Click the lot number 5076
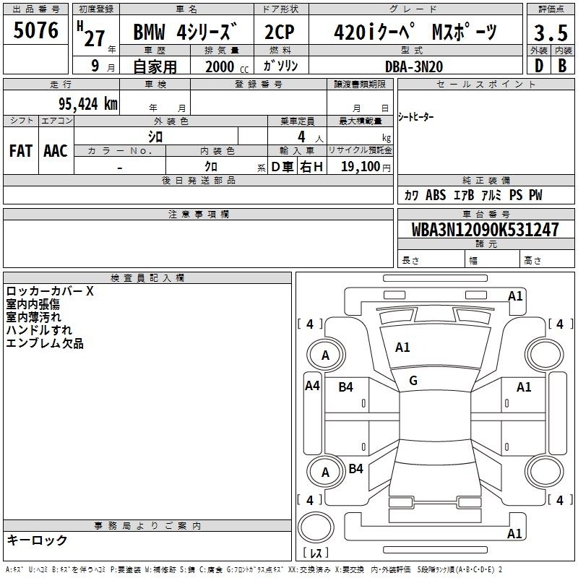(35, 30)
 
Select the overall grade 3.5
(551, 33)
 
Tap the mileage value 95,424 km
(87, 103)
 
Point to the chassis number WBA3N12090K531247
(485, 229)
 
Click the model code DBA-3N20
(414, 66)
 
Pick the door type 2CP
(280, 32)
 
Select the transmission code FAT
(21, 151)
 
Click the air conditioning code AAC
(56, 151)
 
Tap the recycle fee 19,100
(360, 167)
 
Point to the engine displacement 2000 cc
(227, 67)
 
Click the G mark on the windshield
(413, 381)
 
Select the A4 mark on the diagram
(312, 386)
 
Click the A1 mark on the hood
(402, 348)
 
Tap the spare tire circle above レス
(316, 527)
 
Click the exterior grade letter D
(539, 66)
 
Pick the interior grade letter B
(562, 66)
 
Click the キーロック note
(37, 540)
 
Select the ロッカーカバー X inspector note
(50, 291)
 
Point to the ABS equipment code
(436, 195)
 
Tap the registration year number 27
(95, 39)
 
